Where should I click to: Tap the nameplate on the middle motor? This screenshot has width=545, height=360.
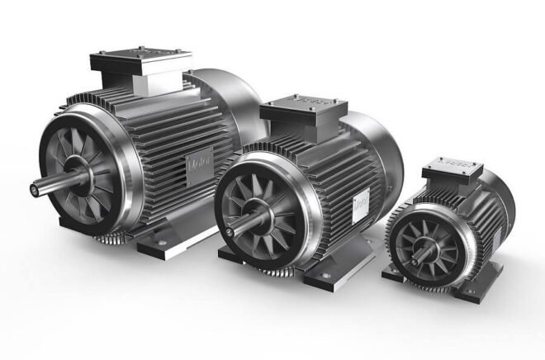pos(361,203)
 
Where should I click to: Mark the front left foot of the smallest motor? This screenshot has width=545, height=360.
pos(395,277)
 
